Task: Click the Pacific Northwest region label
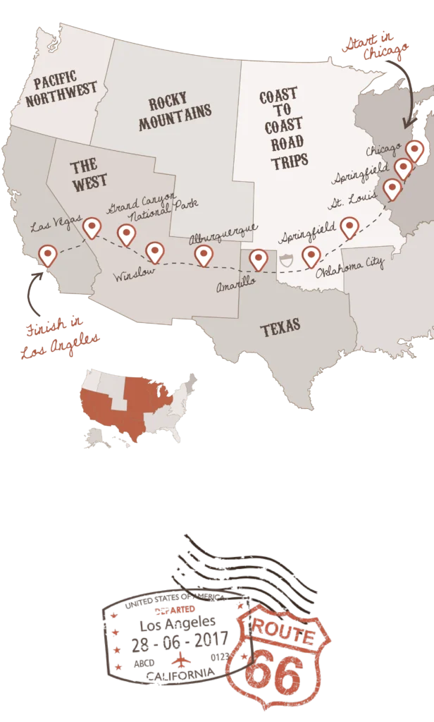coord(51,91)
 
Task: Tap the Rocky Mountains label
coord(175,114)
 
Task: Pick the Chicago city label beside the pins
coord(383,150)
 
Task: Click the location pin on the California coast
coord(47,254)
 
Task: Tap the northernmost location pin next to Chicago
coord(415,149)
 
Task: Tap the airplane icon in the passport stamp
coord(181,660)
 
